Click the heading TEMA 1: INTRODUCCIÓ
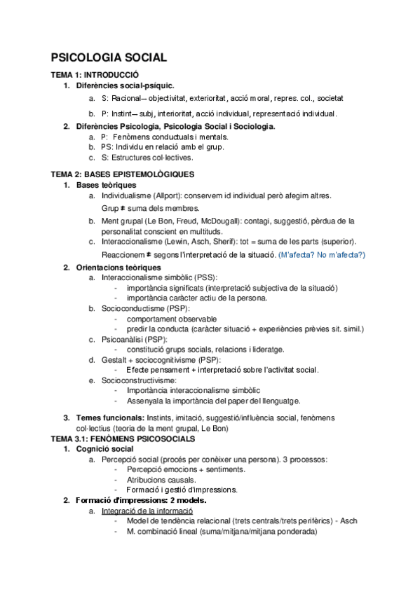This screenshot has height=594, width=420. [95, 74]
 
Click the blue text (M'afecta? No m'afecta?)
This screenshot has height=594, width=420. [322, 254]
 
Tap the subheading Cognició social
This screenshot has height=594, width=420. [104, 448]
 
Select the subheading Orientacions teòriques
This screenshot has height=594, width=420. [118, 267]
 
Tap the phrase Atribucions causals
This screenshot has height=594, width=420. [161, 479]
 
